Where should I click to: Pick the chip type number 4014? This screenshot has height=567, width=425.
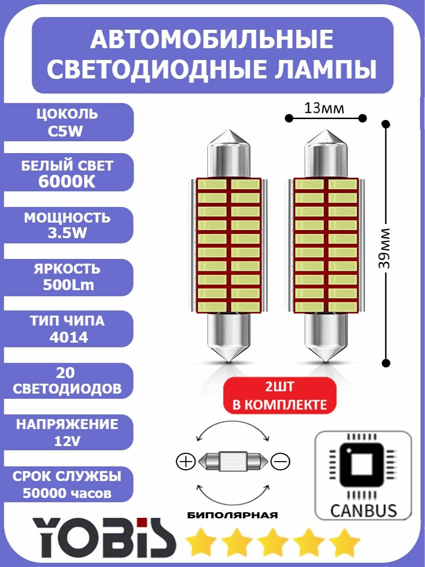tap(67, 338)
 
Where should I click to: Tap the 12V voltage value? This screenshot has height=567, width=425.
tap(67, 441)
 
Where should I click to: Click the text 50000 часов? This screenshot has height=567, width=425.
tap(67, 493)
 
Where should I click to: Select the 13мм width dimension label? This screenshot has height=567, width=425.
tap(324, 108)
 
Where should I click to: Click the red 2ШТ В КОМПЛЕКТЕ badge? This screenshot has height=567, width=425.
tap(280, 396)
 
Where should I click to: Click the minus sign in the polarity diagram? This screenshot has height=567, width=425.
tap(280, 461)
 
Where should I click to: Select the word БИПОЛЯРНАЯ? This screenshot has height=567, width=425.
tap(232, 515)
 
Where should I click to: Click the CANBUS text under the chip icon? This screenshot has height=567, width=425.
tap(363, 510)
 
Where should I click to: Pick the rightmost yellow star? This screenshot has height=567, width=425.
tap(344, 542)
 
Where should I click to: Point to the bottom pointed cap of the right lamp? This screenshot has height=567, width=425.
tap(326, 352)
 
